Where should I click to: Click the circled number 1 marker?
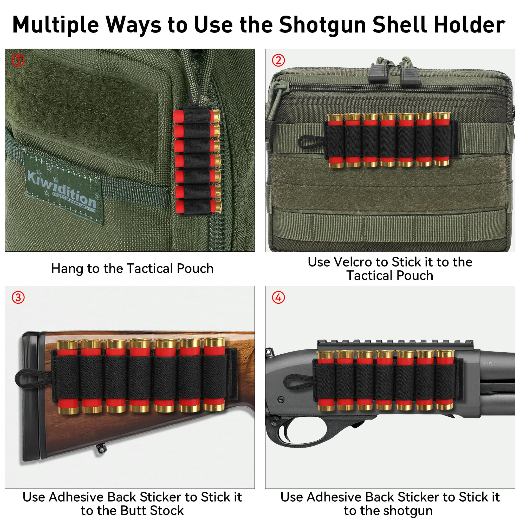pyautogui.click(x=18, y=60)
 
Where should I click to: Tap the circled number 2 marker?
pyautogui.click(x=278, y=60)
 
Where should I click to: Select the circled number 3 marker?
pyautogui.click(x=18, y=297)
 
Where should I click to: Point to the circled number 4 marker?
pyautogui.click(x=278, y=297)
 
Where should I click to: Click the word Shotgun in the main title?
pyautogui.click(x=322, y=25)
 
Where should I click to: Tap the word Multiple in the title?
pyautogui.click(x=56, y=25)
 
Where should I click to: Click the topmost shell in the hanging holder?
pyautogui.click(x=197, y=116)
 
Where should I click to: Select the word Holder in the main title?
pyautogui.click(x=470, y=25)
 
